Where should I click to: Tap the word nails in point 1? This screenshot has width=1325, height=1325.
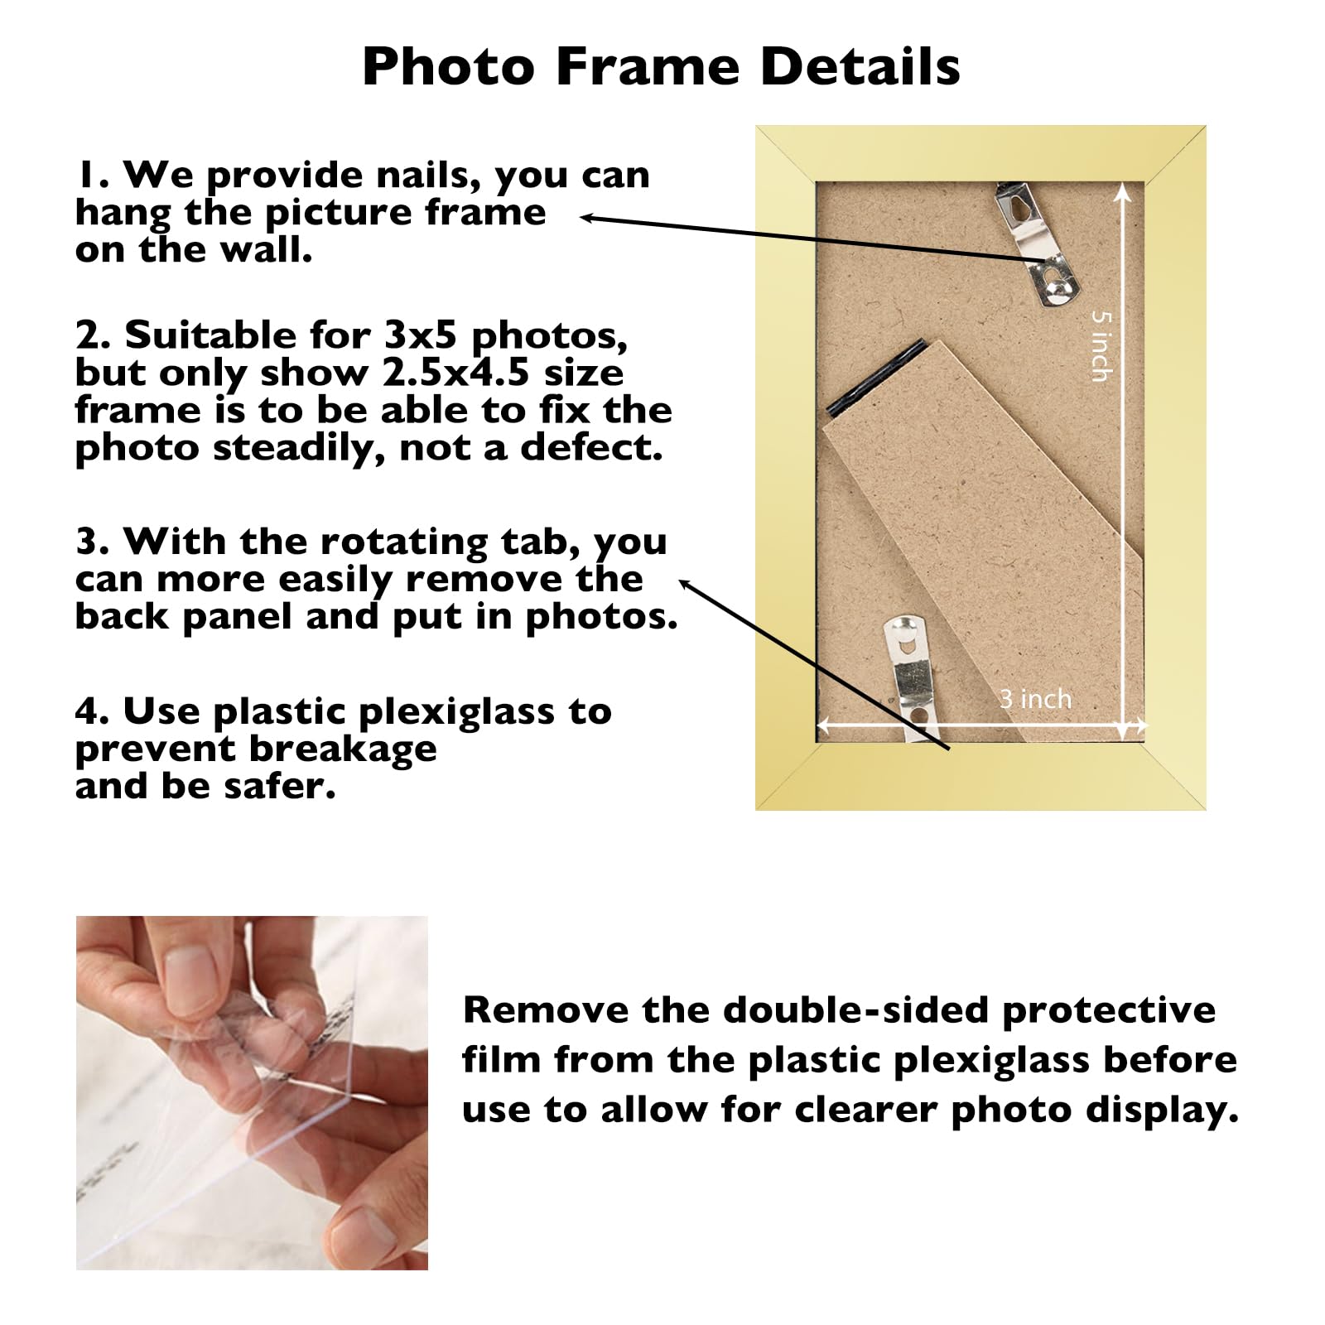(x=429, y=175)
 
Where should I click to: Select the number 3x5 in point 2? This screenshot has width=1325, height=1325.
(x=421, y=335)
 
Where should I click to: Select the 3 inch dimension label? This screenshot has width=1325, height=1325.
(x=1035, y=699)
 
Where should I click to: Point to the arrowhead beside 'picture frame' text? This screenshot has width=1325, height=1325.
(x=585, y=218)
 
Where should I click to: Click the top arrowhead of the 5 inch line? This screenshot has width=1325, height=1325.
(x=1122, y=192)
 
